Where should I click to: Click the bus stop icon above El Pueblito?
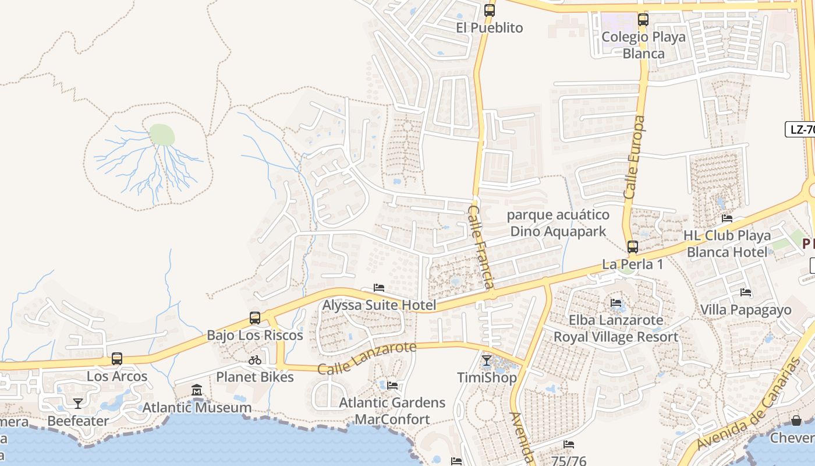click(490, 10)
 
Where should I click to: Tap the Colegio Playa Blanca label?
click(643, 45)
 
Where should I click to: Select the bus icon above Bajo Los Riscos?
click(255, 317)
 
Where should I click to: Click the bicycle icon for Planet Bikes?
click(255, 360)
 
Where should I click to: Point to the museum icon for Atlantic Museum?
click(197, 390)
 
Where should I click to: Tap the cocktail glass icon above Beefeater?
click(77, 403)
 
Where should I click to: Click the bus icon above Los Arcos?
click(117, 358)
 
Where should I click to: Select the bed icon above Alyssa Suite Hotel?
click(379, 288)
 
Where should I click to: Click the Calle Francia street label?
click(481, 247)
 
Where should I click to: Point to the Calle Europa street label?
click(634, 157)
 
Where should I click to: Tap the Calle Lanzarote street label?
click(367, 358)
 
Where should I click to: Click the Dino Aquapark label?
click(558, 224)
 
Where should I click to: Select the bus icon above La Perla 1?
click(633, 246)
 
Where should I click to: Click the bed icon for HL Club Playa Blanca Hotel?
click(727, 218)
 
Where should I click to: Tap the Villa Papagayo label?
click(746, 309)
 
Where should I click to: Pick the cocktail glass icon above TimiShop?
click(487, 361)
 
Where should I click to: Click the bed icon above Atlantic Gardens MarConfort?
click(392, 385)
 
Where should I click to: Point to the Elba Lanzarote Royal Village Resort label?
click(615, 329)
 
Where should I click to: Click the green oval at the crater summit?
click(162, 135)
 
